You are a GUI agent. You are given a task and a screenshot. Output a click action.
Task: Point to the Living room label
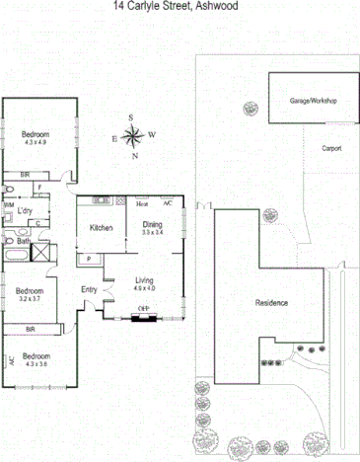click(145, 281)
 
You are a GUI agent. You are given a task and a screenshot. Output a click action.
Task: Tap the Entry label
click(90, 289)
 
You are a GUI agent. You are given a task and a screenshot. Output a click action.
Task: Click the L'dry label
click(26, 210)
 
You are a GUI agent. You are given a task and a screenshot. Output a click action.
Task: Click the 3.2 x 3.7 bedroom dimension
click(29, 299)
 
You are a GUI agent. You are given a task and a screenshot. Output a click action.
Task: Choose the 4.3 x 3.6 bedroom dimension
click(36, 363)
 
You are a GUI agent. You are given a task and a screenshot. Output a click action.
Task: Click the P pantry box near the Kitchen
click(90, 258)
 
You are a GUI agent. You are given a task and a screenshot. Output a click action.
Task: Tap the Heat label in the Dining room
click(142, 204)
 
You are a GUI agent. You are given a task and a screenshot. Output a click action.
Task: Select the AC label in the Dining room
click(168, 203)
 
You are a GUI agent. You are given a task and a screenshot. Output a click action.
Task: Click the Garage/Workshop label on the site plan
click(314, 101)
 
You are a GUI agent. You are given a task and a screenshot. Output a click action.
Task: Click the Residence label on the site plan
click(271, 302)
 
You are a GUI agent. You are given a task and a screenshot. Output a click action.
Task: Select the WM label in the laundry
click(9, 205)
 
